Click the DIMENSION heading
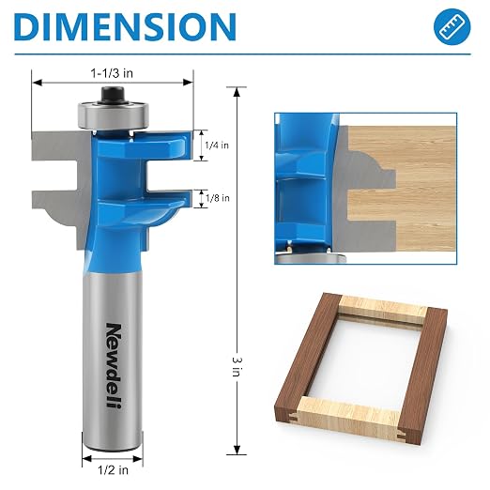pyautogui.click(x=125, y=26)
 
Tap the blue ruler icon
pyautogui.click(x=452, y=26)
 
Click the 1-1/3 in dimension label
pyautogui.click(x=112, y=73)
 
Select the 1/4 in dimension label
pyautogui.click(x=217, y=145)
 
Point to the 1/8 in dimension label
pyautogui.click(x=218, y=198)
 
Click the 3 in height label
pyautogui.click(x=237, y=367)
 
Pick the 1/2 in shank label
pyautogui.click(x=113, y=470)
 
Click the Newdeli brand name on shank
pyautogui.click(x=114, y=365)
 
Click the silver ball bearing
pyautogui.click(x=113, y=115)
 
